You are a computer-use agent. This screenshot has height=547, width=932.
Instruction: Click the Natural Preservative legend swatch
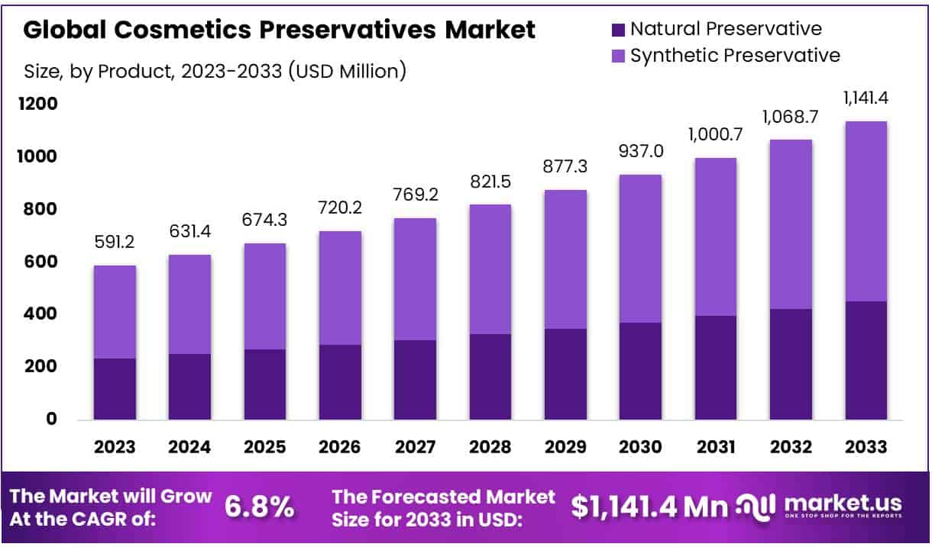click(x=618, y=31)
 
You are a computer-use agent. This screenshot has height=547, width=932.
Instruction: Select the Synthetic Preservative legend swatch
click(x=618, y=56)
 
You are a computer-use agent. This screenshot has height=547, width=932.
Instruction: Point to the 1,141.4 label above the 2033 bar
click(x=866, y=98)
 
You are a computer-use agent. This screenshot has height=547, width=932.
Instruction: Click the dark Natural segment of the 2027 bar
click(x=416, y=379)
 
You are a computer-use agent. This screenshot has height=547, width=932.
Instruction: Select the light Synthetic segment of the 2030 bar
click(x=641, y=249)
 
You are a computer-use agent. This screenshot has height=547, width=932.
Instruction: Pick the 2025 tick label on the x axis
click(x=265, y=447)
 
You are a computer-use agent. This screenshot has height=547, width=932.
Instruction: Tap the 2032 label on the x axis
click(x=791, y=447)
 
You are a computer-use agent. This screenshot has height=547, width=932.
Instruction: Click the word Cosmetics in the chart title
click(x=181, y=31)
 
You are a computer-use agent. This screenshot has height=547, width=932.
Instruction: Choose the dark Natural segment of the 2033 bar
click(x=866, y=360)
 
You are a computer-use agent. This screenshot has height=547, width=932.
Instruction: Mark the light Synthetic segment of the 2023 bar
click(x=115, y=312)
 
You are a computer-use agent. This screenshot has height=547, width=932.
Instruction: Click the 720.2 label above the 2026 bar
click(x=341, y=208)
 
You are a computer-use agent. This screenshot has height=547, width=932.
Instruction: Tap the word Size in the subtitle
click(x=41, y=72)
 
